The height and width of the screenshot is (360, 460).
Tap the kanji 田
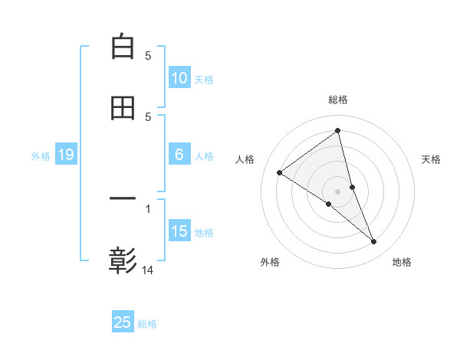pyautogui.click(x=123, y=108)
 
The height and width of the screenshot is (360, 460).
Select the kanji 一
pyautogui.click(x=123, y=199)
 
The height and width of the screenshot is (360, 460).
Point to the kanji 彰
pyautogui.click(x=123, y=261)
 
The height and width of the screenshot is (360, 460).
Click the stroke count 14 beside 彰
pyautogui.click(x=148, y=270)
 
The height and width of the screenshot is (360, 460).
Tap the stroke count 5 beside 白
pyautogui.click(x=148, y=55)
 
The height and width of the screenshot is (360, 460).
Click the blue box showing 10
pyautogui.click(x=179, y=78)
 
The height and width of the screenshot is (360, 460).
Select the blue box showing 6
pyautogui.click(x=179, y=155)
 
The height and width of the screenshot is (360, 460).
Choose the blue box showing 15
pyautogui.click(x=179, y=231)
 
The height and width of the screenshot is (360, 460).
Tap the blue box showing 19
pyautogui.click(x=66, y=155)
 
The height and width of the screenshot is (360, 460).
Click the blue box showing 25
pyautogui.click(x=123, y=322)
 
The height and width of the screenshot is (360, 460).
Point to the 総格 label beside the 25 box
pyautogui.click(x=148, y=324)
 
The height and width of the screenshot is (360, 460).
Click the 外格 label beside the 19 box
pyautogui.click(x=41, y=156)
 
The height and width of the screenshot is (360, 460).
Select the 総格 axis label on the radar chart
pyautogui.click(x=338, y=100)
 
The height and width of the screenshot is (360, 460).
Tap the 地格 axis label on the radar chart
pyautogui.click(x=402, y=263)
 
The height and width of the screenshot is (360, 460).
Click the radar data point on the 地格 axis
pyautogui.click(x=374, y=242)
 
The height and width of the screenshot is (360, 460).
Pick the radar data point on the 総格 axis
pyautogui.click(x=338, y=130)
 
